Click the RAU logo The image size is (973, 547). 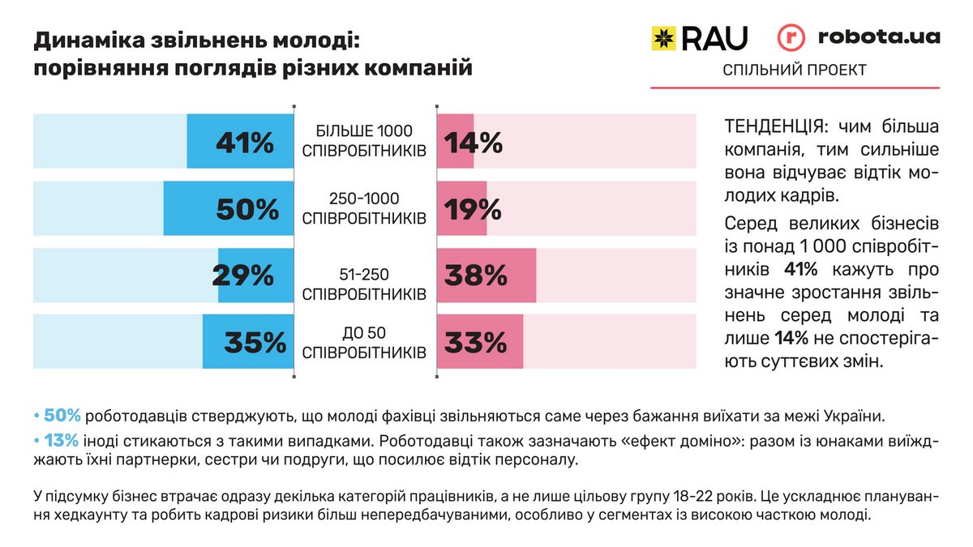coord(700,37)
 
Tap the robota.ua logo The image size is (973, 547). coord(859,37)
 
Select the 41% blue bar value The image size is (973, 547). coord(245,143)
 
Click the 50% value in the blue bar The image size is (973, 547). coord(247,210)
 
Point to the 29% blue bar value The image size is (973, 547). coord(243,276)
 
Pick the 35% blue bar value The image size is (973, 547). coord(255,343)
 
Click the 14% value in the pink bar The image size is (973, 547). coord(473,143)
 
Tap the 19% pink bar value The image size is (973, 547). coord(473,210)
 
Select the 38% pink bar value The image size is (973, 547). coord(476,276)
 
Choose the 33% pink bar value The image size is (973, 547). coord(475,343)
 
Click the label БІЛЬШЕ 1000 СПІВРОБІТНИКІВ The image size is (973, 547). coord(364,140)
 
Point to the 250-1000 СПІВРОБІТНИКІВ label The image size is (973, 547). coord(364,208)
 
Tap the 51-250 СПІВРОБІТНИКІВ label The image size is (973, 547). coord(364,283)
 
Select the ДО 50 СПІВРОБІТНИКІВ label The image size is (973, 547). coord(364,343)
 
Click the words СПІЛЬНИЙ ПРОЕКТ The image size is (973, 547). coord(794,71)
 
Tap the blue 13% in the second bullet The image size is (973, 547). coord(62,441)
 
